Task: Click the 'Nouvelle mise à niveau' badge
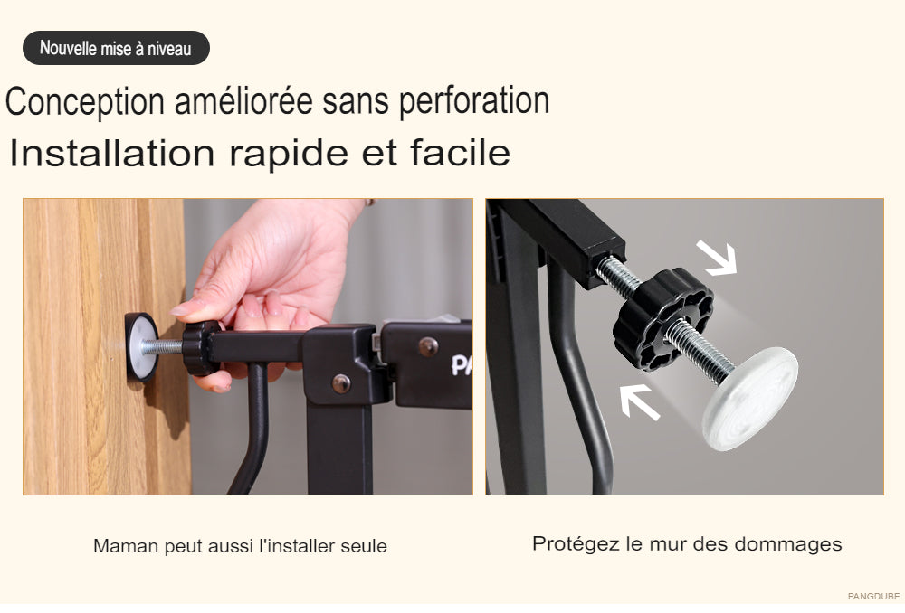click(116, 48)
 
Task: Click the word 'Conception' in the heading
click(85, 102)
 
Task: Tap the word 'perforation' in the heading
click(474, 102)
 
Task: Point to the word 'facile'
click(460, 153)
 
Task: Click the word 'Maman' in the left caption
click(126, 546)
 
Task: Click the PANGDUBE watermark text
click(873, 597)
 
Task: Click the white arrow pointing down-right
click(718, 257)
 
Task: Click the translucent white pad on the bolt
click(750, 398)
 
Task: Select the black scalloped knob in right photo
click(663, 319)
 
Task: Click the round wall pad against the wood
click(141, 348)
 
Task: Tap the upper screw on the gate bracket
click(428, 346)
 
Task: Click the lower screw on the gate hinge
click(341, 383)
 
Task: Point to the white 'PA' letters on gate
click(462, 365)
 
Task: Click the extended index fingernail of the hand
click(180, 310)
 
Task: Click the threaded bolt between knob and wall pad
click(162, 347)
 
